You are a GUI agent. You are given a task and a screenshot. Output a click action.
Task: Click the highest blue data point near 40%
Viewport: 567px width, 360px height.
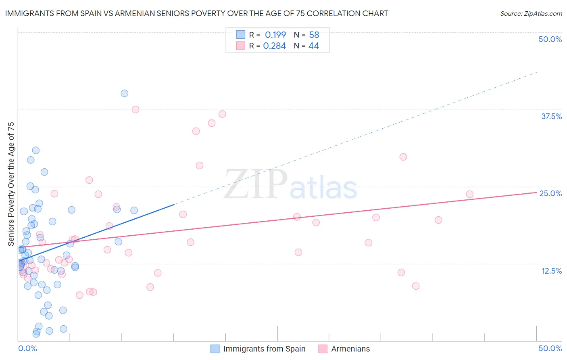tap(125, 93)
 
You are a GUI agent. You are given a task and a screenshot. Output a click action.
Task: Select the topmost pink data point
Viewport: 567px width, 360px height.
tap(135, 109)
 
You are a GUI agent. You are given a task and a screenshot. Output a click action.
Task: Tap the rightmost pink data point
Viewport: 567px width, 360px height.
tap(469, 194)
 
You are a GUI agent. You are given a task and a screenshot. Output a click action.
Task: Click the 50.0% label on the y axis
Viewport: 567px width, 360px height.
tap(550, 39)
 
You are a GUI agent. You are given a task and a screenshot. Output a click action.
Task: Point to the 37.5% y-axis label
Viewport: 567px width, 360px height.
tap(551, 116)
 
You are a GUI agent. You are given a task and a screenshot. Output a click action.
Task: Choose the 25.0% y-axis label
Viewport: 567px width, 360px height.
tap(550, 193)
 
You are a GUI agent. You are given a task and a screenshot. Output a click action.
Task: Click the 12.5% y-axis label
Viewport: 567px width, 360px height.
tap(551, 271)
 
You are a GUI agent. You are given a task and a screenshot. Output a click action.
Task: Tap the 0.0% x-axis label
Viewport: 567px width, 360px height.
tap(27, 348)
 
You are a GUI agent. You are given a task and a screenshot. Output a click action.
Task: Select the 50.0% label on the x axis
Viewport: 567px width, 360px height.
tap(550, 348)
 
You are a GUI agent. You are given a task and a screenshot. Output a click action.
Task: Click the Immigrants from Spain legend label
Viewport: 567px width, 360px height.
tap(264, 349)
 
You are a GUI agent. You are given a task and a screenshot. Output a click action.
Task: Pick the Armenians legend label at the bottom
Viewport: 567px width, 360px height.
tap(350, 349)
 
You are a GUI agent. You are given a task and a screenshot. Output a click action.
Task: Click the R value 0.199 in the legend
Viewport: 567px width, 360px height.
tap(275, 35)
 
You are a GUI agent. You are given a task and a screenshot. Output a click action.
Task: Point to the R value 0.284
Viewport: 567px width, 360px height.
tap(275, 46)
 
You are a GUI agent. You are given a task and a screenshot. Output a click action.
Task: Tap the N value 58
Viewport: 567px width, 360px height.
tap(314, 35)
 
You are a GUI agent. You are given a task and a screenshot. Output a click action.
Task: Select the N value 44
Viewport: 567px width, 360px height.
tap(314, 46)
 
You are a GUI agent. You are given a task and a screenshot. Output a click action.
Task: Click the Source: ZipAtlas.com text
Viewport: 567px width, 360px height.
tap(531, 14)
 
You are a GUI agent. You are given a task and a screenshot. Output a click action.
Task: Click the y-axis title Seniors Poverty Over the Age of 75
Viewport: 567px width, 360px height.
tap(11, 184)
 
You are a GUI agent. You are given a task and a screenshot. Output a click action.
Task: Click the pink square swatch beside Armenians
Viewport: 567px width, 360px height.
tap(323, 349)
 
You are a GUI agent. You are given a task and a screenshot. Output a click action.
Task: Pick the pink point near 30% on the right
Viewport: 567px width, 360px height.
tap(403, 157)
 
